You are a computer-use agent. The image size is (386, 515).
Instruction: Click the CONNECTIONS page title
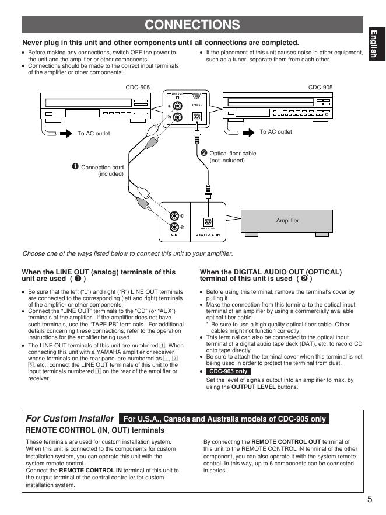pos(192,25)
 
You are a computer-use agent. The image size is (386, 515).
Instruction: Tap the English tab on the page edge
pos(374,44)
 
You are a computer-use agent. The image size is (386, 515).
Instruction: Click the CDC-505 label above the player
pos(138,87)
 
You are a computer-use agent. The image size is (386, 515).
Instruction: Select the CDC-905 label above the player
pos(320,87)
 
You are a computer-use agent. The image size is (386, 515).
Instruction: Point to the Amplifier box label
pos(287,220)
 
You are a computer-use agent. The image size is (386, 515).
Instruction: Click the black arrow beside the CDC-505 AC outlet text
pos(64,133)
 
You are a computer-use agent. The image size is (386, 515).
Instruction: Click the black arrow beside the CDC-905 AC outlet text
pos(249,132)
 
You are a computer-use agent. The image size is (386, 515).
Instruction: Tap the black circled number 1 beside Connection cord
pos(75,167)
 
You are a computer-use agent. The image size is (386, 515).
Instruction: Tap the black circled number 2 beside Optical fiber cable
pos(203,153)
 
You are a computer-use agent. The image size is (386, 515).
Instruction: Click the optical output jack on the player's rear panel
pos(197,117)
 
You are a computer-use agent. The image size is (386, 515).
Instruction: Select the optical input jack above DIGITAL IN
pos(208,221)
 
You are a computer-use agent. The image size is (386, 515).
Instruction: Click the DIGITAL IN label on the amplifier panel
pos(208,234)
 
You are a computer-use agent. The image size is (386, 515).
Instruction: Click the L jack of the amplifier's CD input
pos(174,216)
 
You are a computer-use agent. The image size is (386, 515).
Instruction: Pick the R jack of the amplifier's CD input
pos(174,227)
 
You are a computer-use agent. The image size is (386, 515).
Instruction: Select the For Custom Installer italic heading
pos(70,419)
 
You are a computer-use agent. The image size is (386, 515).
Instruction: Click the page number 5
pos(370,499)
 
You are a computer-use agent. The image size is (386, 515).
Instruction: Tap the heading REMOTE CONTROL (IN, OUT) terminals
pos(95,430)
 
